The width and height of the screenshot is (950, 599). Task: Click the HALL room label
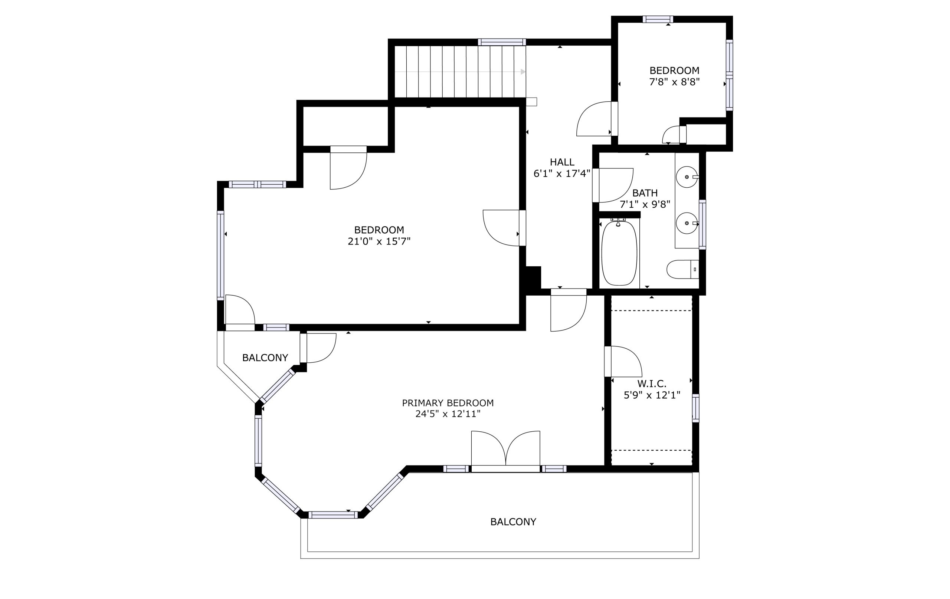pyautogui.click(x=562, y=162)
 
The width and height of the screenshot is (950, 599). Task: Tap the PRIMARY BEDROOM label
pyautogui.click(x=448, y=403)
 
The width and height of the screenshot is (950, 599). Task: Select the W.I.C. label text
pyautogui.click(x=652, y=384)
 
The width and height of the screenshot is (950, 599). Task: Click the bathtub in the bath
pyautogui.click(x=619, y=253)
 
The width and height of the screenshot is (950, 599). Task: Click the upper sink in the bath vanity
pyautogui.click(x=687, y=177)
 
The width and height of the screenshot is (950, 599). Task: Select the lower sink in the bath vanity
pyautogui.click(x=687, y=223)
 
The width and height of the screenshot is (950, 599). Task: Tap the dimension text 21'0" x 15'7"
pyautogui.click(x=379, y=241)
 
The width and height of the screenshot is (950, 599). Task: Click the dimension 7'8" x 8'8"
pyautogui.click(x=674, y=82)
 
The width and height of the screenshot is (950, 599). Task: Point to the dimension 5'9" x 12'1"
pyautogui.click(x=652, y=395)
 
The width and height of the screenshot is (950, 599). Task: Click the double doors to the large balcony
pyautogui.click(x=505, y=451)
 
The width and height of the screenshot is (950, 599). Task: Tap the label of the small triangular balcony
pyautogui.click(x=265, y=358)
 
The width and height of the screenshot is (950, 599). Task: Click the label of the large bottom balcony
pyautogui.click(x=513, y=522)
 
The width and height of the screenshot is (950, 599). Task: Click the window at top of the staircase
pyautogui.click(x=502, y=42)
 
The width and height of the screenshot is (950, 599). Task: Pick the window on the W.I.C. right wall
pyautogui.click(x=695, y=408)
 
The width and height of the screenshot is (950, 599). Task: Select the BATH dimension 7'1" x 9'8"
pyautogui.click(x=645, y=205)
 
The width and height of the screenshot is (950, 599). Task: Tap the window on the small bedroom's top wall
pyautogui.click(x=658, y=19)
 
